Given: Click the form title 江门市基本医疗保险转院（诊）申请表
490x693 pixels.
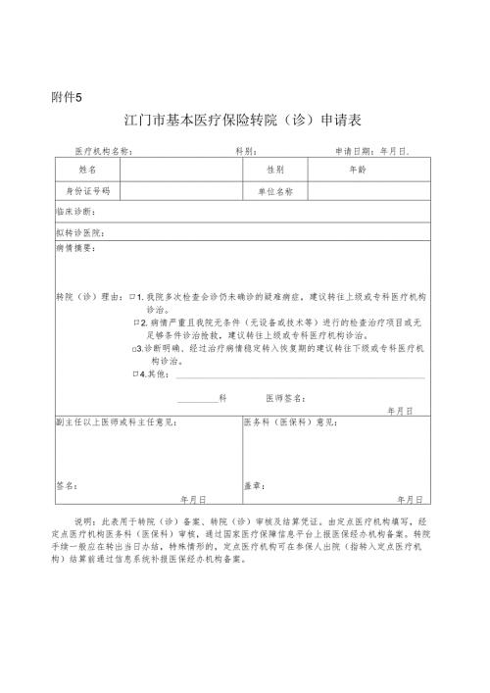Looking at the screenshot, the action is (x=244, y=122).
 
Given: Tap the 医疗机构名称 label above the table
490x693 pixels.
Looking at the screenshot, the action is (x=104, y=153).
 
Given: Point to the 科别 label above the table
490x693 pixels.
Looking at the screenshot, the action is (x=246, y=153).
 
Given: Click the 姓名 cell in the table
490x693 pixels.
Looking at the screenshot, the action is (x=88, y=170).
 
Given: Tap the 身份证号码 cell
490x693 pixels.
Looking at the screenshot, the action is (x=88, y=191).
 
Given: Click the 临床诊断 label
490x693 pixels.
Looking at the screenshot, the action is (x=76, y=212).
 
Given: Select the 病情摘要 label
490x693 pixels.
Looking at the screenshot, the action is (x=76, y=249).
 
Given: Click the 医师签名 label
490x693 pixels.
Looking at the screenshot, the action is (x=285, y=399).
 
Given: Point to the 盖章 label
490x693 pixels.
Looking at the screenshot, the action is (x=252, y=485).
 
